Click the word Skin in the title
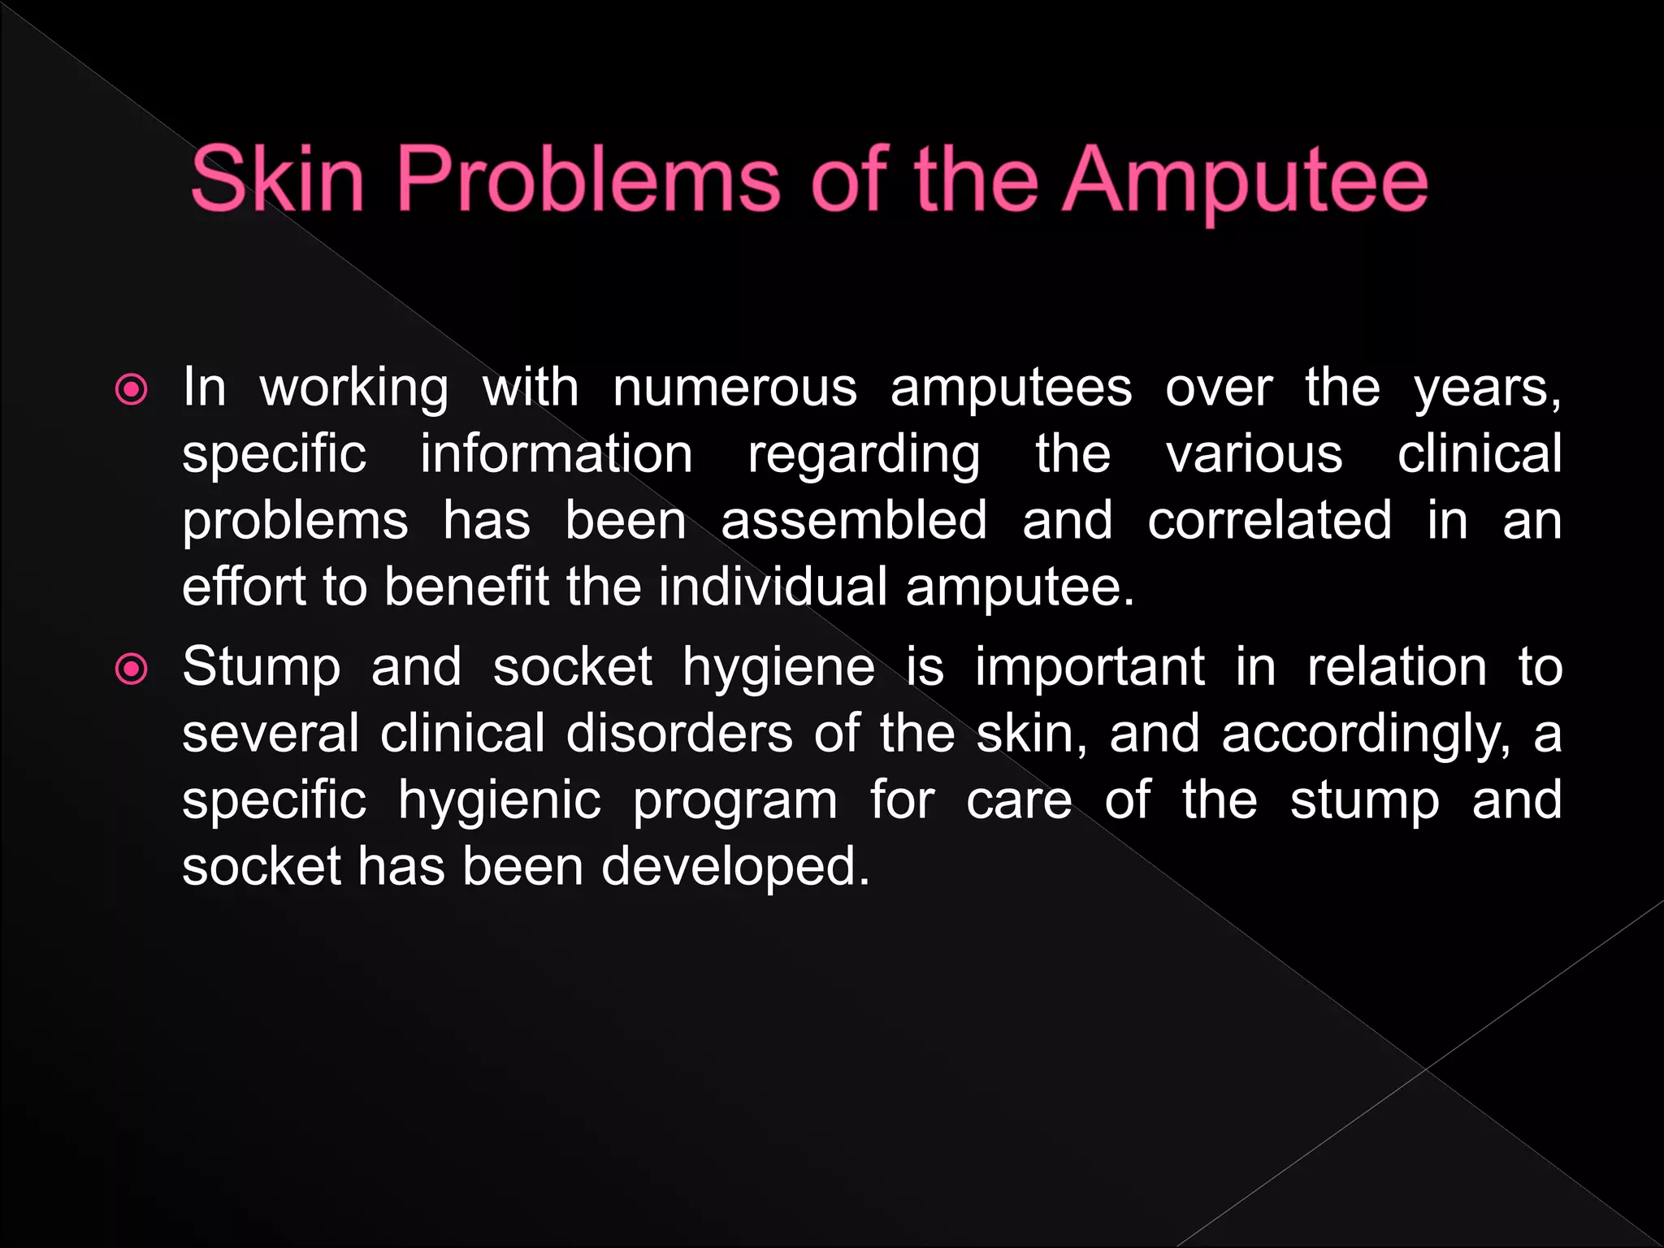tap(277, 180)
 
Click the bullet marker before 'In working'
tap(132, 390)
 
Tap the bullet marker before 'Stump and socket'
tap(132, 669)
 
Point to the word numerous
tap(734, 388)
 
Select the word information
tap(557, 454)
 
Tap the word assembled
tap(854, 521)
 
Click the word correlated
tap(1269, 521)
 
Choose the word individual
tap(773, 587)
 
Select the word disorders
tap(679, 734)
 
